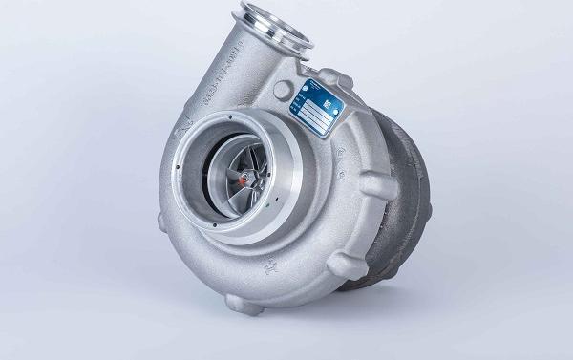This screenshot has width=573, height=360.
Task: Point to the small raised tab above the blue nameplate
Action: (329, 74)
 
